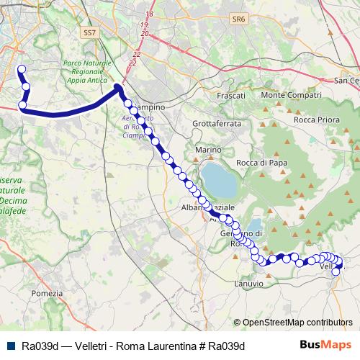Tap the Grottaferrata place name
point(216,123)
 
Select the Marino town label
point(207,150)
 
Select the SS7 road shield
point(89,33)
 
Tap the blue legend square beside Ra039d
point(12,346)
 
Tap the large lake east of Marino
point(219,180)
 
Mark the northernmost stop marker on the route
point(21,70)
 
